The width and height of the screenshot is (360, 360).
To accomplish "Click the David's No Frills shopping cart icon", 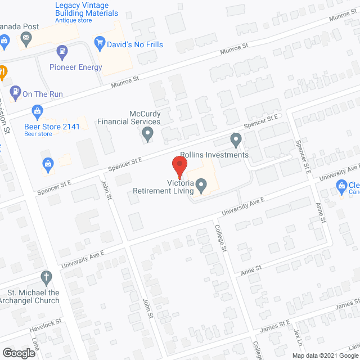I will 101,42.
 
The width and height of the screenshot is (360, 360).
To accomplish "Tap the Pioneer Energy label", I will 75,67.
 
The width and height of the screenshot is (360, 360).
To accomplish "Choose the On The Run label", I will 43,94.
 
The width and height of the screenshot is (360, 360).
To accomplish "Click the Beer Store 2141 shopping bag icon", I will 38,110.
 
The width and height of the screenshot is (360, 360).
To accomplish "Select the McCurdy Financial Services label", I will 129,118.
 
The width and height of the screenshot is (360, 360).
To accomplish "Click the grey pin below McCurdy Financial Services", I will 148,133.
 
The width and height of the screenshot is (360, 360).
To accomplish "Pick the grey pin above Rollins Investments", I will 236,139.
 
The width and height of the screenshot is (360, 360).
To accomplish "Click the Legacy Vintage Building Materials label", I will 87,10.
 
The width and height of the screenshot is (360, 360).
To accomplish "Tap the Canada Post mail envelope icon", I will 26,39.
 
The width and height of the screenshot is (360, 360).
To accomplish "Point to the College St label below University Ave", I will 221,237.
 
